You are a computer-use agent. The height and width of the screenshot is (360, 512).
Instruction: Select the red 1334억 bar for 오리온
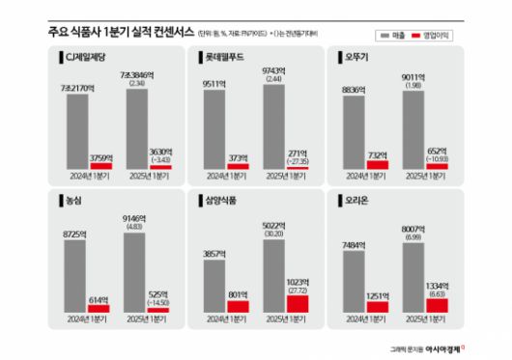point(437,304)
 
